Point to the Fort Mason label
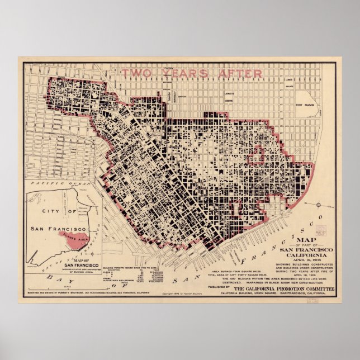tap(307, 105)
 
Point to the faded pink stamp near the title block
tap(321, 229)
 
